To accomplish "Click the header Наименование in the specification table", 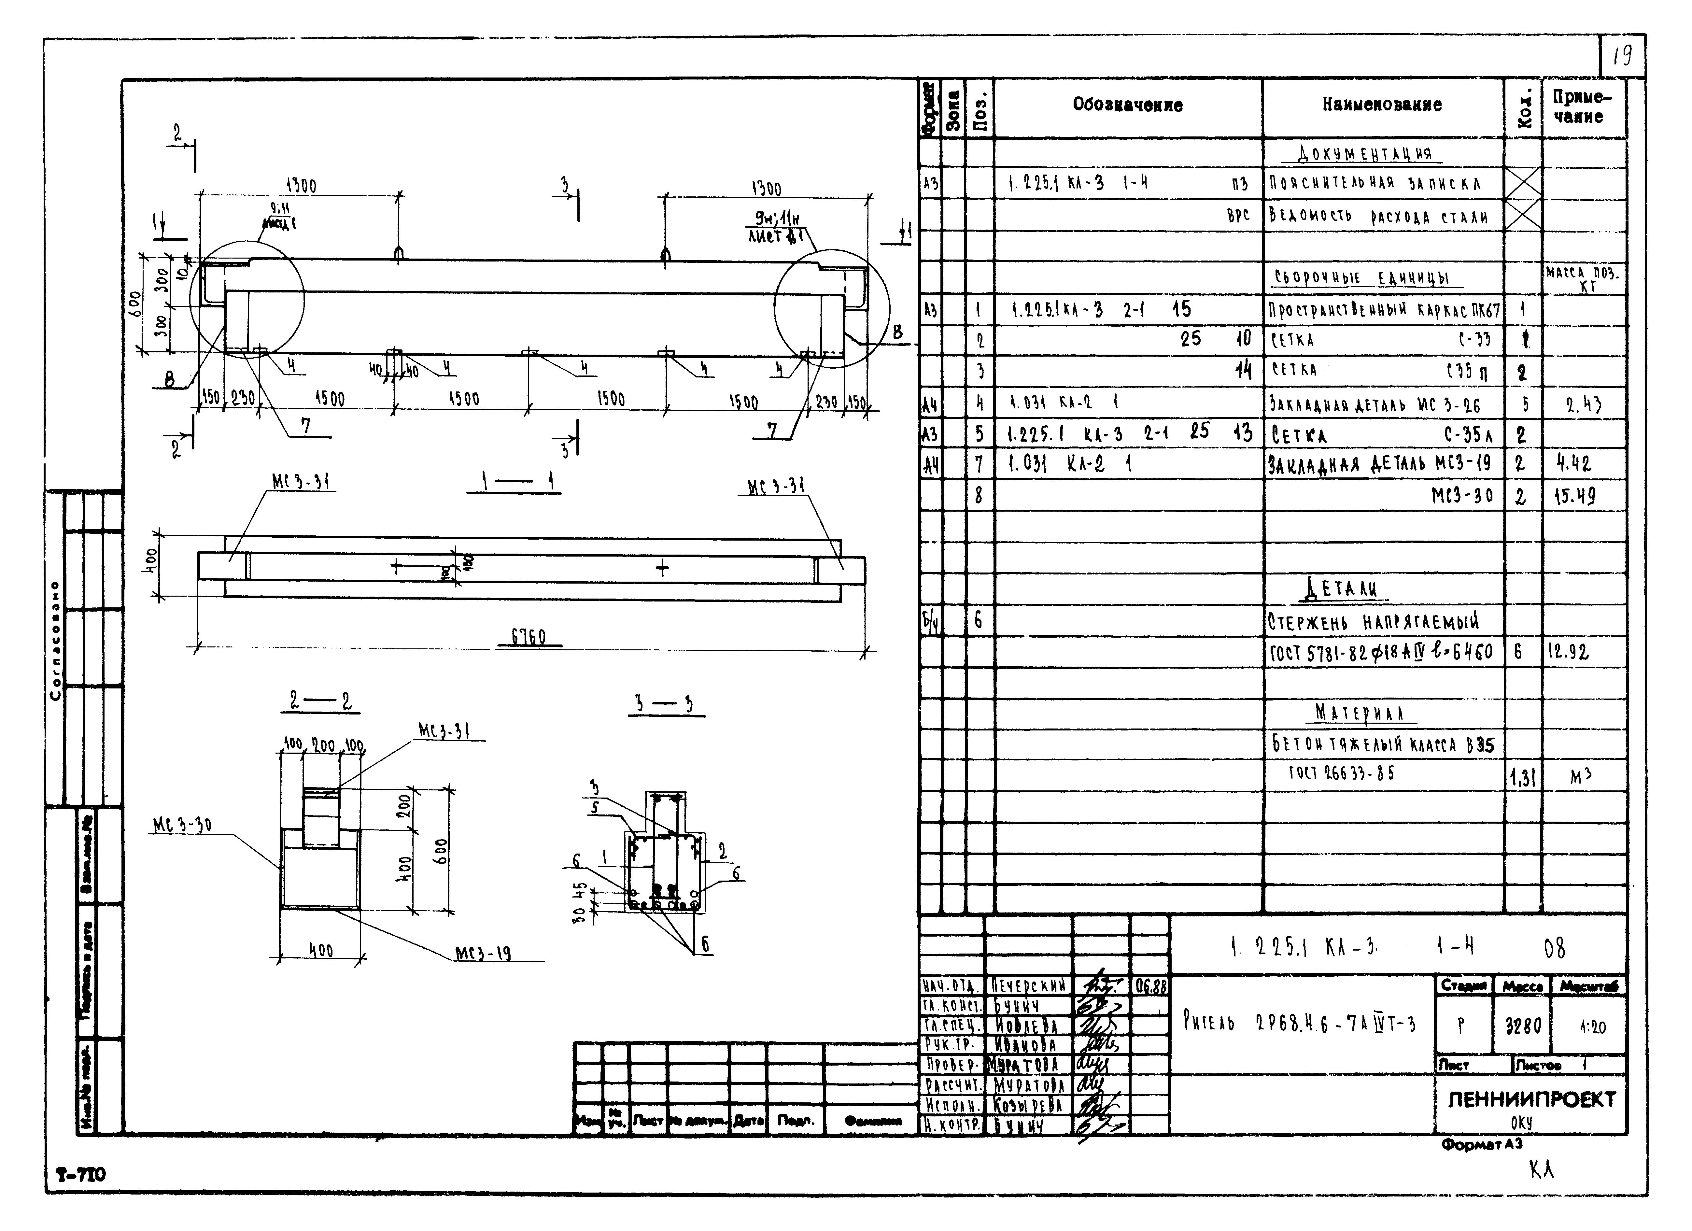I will [1382, 105].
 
